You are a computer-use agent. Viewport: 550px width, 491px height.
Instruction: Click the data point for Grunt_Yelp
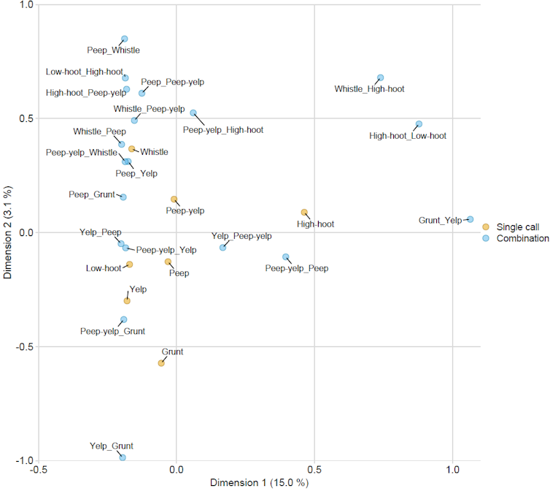click(470, 219)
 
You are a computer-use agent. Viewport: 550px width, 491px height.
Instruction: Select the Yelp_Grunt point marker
click(123, 457)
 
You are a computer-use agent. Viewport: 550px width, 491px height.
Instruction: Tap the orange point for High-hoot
click(304, 213)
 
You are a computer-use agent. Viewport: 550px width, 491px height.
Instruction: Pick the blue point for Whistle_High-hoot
click(380, 77)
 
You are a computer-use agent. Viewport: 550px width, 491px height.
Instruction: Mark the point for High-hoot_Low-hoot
click(419, 124)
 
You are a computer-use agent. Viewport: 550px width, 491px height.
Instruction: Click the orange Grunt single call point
click(161, 363)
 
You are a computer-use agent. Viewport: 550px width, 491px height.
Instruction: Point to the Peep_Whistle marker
click(124, 39)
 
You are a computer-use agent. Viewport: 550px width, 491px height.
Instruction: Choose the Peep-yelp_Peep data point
click(286, 257)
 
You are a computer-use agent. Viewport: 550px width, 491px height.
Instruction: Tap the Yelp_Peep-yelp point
click(223, 248)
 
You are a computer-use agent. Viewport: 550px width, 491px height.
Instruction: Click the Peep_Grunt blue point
click(123, 197)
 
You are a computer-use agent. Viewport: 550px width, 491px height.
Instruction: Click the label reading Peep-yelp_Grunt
click(112, 331)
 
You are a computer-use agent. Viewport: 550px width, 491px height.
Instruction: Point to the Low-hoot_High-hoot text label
click(84, 72)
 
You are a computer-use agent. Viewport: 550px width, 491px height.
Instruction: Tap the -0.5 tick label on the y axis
click(25, 346)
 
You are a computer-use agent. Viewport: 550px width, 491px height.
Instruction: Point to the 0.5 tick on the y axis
click(28, 118)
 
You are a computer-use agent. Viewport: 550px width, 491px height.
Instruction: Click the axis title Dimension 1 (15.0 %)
click(259, 483)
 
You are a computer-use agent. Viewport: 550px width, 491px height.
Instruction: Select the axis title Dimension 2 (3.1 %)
click(8, 232)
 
